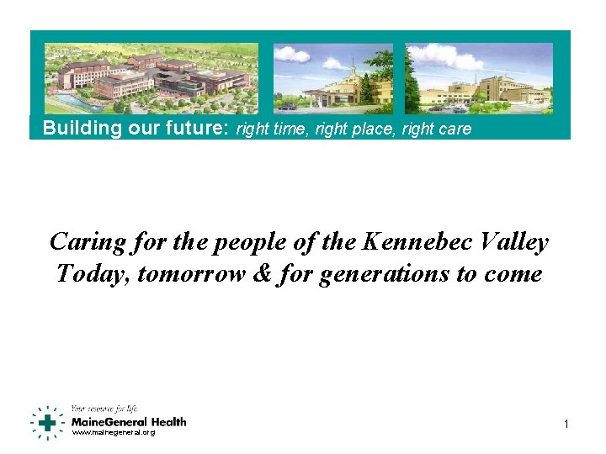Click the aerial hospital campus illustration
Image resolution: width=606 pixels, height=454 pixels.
pyautogui.click(x=151, y=78)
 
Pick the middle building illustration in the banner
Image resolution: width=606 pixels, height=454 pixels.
pyautogui.click(x=333, y=78)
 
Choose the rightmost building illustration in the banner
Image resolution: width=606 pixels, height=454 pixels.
pyautogui.click(x=478, y=78)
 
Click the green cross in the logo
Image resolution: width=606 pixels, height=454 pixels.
pyautogui.click(x=49, y=422)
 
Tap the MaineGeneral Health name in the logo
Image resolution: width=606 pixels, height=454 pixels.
pyautogui.click(x=129, y=421)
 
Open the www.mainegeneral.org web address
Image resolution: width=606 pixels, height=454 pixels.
pyautogui.click(x=113, y=433)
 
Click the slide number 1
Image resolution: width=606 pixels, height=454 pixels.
pyautogui.click(x=566, y=425)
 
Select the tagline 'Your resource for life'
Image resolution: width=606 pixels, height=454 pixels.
pyautogui.click(x=104, y=409)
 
